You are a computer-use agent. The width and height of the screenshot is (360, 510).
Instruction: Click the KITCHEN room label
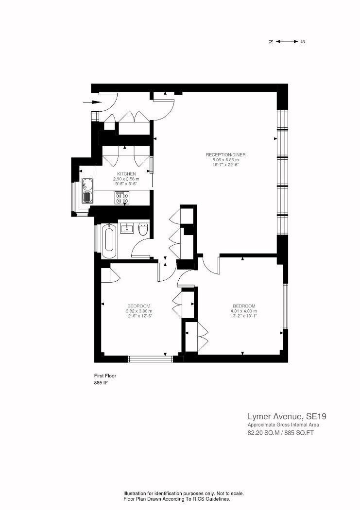[126, 174]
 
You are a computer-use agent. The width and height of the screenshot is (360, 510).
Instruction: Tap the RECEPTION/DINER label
[226, 155]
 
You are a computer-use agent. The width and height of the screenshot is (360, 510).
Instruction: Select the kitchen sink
[87, 190]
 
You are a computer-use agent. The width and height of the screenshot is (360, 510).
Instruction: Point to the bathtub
[109, 241]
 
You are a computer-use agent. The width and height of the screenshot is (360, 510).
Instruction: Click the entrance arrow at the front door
[93, 102]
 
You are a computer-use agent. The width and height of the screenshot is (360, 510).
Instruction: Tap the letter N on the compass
[271, 42]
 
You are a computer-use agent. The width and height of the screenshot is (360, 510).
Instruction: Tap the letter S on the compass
[303, 42]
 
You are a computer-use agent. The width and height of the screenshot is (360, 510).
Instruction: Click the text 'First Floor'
[105, 375]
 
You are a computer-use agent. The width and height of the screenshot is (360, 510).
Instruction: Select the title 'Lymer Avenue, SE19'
[287, 416]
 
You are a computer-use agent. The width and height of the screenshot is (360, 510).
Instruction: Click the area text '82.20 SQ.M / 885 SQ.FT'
[281, 433]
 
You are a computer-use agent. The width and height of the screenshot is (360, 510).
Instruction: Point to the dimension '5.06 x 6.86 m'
[226, 160]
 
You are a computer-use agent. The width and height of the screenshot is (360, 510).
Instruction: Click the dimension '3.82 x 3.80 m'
[139, 311]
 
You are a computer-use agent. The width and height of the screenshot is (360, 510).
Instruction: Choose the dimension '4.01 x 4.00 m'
[244, 311]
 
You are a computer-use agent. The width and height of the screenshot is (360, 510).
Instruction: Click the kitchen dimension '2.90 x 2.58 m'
[126, 179]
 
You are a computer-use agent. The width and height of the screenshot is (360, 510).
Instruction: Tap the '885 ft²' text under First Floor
[101, 383]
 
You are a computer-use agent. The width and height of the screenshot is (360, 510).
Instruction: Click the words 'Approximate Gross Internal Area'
[283, 425]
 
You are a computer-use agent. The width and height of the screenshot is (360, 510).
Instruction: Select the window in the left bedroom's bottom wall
[150, 359]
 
